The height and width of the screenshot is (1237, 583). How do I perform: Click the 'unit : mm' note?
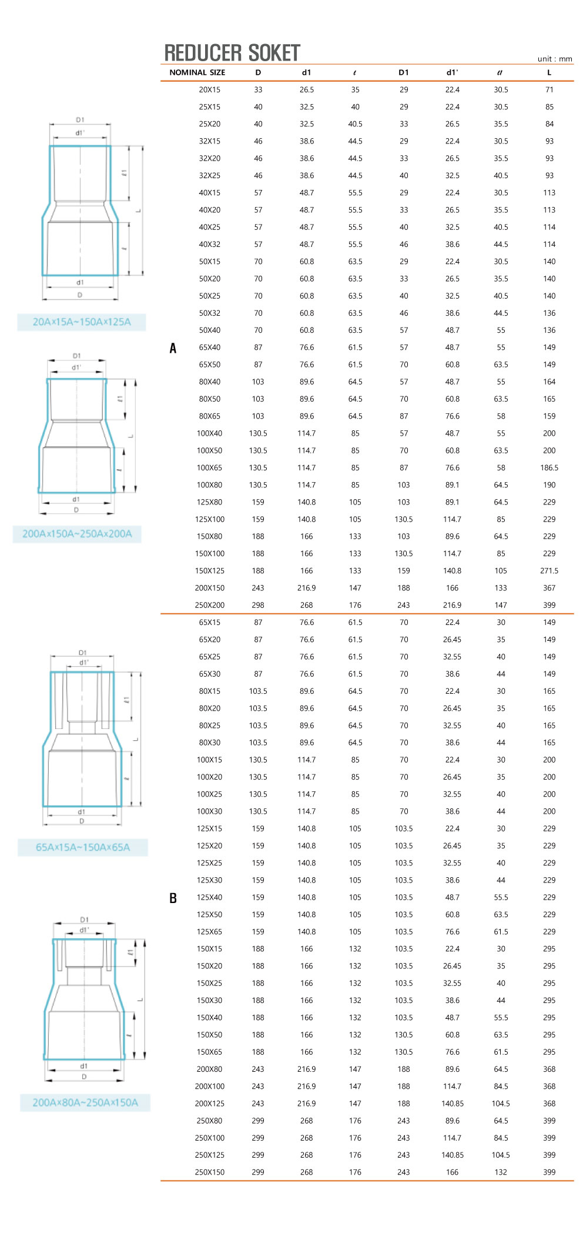(x=554, y=59)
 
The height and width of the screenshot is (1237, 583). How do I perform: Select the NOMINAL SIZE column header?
(x=197, y=72)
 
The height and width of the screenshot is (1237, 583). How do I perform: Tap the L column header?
(x=549, y=72)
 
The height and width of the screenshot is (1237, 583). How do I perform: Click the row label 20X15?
(x=209, y=89)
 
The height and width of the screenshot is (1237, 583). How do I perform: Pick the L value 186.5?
(x=549, y=467)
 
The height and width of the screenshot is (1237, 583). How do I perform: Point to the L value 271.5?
(x=549, y=570)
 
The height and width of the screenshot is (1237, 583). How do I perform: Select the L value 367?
(x=549, y=587)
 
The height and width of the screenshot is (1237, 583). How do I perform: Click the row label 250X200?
(x=209, y=604)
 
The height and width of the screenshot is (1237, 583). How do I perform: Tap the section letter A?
(x=173, y=348)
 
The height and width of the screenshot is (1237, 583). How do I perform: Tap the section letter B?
(x=173, y=898)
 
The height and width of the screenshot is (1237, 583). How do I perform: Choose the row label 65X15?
(x=209, y=622)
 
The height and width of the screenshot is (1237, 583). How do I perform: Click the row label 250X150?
(x=209, y=1172)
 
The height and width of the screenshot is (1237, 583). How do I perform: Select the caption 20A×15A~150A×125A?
(x=82, y=322)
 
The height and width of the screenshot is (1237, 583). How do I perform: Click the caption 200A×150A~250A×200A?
(x=77, y=534)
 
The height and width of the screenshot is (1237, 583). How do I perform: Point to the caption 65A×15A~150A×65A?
(x=83, y=847)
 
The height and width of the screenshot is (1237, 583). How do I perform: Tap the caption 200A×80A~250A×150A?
(x=85, y=1102)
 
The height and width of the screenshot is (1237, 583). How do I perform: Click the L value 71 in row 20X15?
(x=549, y=89)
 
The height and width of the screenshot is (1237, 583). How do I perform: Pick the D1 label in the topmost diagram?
(x=80, y=120)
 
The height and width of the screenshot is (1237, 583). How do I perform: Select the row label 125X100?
(x=209, y=519)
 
